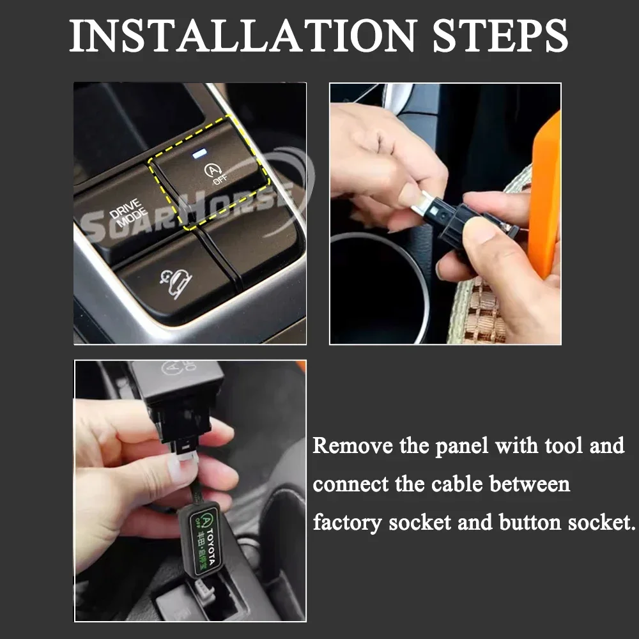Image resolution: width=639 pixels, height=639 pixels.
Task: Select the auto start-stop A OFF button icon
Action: point(212,173)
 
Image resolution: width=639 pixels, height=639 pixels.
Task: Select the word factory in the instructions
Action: point(348,523)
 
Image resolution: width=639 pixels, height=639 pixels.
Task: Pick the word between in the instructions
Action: point(530,484)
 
